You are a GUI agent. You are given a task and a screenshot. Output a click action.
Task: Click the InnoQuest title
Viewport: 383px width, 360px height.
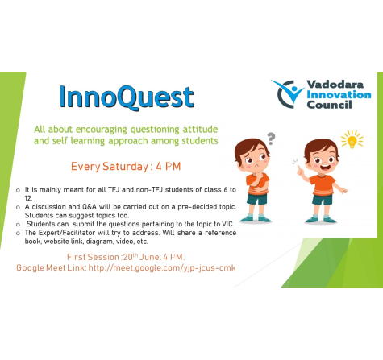click(127, 97)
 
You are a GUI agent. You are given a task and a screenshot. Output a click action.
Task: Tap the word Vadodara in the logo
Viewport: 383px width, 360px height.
click(335, 85)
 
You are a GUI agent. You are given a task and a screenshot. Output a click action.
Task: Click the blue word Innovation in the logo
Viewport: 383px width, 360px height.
click(339, 94)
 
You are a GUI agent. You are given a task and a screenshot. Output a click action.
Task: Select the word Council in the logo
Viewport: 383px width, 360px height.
click(329, 105)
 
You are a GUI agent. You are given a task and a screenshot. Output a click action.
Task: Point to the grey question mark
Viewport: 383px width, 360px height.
click(272, 139)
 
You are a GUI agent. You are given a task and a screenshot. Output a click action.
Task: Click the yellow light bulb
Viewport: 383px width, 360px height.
click(352, 140)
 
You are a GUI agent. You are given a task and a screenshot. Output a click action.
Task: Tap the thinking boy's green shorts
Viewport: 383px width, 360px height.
click(257, 199)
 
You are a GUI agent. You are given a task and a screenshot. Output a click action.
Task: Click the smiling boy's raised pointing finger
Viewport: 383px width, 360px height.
click(299, 168)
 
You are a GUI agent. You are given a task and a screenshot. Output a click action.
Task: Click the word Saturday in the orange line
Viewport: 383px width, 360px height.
click(125, 167)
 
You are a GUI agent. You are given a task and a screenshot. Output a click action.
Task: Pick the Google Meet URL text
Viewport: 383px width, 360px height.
click(162, 268)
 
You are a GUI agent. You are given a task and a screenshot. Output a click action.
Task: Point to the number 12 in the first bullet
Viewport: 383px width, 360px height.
click(28, 199)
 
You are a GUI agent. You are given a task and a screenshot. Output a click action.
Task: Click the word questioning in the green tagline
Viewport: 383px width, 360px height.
click(155, 130)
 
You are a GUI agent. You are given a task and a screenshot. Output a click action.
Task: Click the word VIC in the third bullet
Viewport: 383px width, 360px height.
click(227, 224)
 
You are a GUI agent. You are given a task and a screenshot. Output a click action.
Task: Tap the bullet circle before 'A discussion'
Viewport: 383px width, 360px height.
click(18, 207)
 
